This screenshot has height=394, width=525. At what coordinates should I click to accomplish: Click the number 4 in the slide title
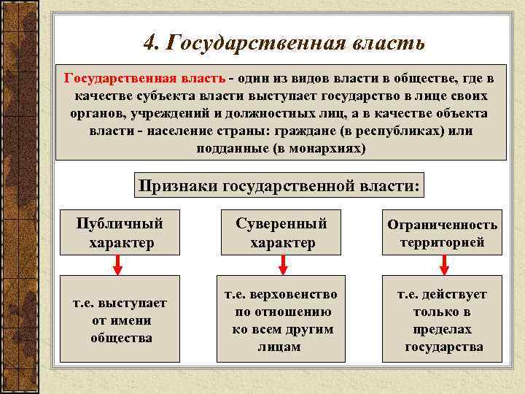pos(149,43)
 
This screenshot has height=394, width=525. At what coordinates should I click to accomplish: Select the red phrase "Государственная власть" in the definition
pos(144,78)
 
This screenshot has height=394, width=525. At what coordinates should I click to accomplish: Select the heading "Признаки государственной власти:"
pos(280,186)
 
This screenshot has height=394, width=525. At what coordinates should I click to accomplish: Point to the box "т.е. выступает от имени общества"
pos(120,320)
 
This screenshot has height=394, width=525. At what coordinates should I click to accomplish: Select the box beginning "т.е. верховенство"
pos(281,320)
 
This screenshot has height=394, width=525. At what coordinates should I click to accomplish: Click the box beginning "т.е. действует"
pos(442,320)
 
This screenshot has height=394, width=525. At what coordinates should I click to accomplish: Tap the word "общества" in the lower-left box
pos(121,338)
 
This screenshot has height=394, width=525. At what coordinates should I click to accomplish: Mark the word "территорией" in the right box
pos(442,242)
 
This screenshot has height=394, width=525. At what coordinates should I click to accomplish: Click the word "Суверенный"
pos(281,223)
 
